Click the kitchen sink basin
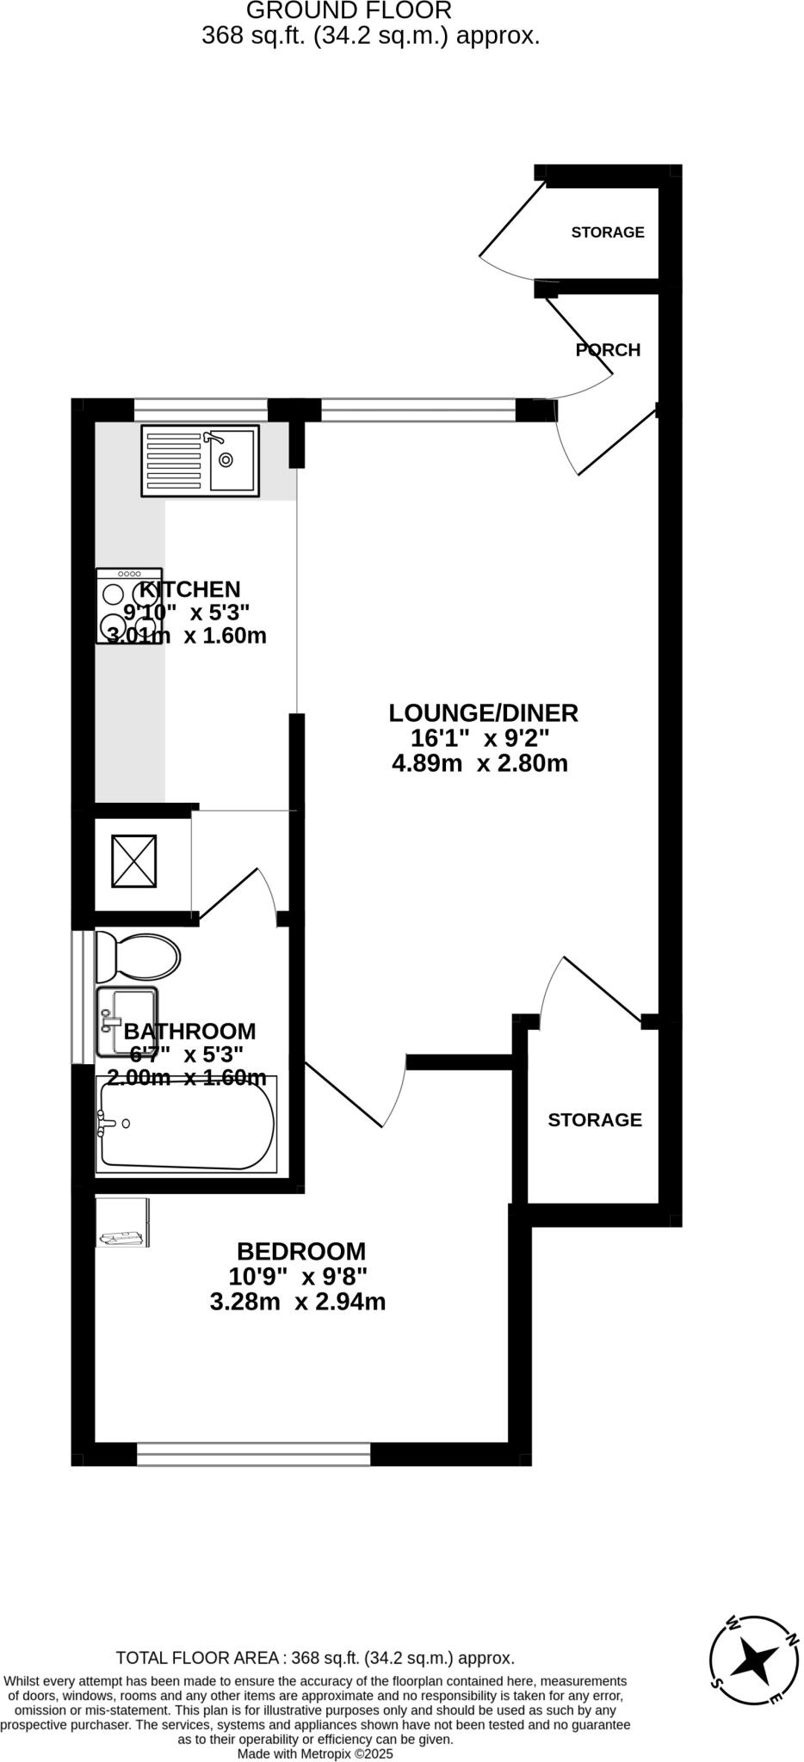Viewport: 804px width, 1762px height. (232, 459)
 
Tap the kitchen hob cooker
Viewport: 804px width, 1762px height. (129, 606)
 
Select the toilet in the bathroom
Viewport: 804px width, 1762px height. (138, 956)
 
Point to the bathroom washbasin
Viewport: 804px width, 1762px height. (127, 1021)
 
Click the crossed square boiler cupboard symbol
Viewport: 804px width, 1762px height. (134, 860)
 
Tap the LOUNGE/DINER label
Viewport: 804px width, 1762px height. (483, 713)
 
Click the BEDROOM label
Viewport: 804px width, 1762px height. (301, 1251)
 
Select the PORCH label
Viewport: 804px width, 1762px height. (608, 350)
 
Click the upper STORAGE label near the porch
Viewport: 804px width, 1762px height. (608, 232)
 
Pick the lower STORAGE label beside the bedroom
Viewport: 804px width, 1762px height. (595, 1119)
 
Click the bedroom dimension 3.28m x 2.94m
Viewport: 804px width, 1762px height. (298, 1302)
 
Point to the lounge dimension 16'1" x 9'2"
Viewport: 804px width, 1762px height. (479, 738)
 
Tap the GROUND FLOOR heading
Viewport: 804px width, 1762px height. (349, 11)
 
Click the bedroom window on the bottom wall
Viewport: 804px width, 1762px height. (254, 1454)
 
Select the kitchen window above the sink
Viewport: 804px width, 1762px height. (201, 410)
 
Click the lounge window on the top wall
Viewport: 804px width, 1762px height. (418, 410)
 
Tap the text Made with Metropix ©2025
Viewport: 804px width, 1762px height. (315, 1753)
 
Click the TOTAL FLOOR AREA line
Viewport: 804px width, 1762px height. (315, 1658)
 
